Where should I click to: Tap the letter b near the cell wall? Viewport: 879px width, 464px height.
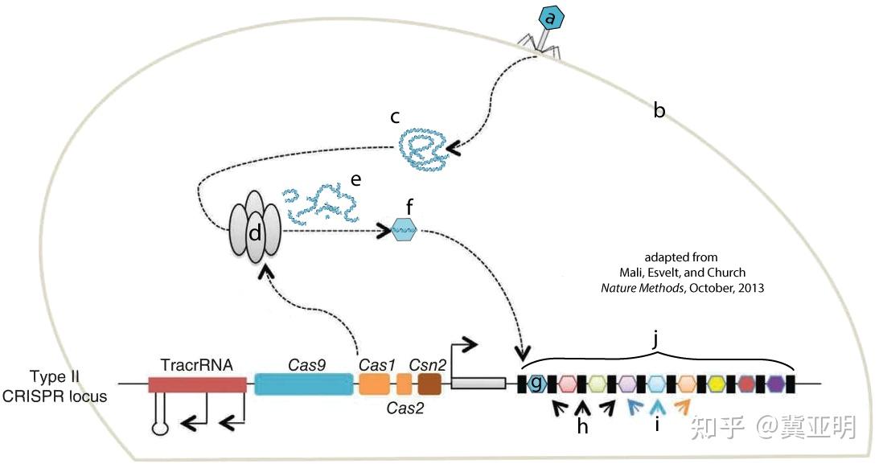pyautogui.click(x=659, y=112)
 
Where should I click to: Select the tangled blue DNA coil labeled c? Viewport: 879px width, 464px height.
pyautogui.click(x=425, y=149)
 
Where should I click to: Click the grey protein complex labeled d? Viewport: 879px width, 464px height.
pyautogui.click(x=255, y=231)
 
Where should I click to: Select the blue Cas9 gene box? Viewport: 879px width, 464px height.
pyautogui.click(x=304, y=384)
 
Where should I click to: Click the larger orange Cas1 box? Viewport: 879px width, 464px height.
pyautogui.click(x=374, y=384)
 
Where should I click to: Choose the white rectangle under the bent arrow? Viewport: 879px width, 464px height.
pyautogui.click(x=478, y=384)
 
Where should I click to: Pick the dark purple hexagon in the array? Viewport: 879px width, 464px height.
pyautogui.click(x=776, y=384)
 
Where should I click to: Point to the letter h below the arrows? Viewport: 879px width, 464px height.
pyautogui.click(x=583, y=426)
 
